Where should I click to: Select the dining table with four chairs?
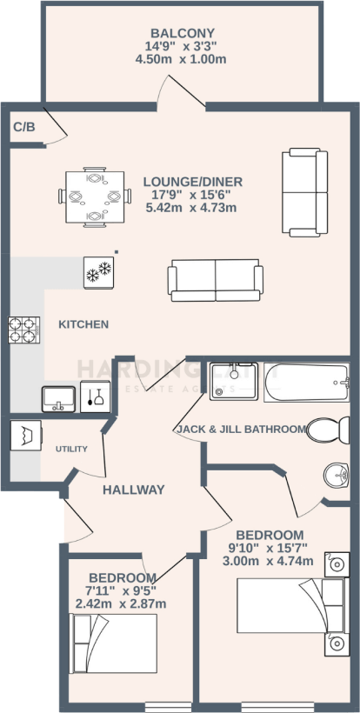pos(92,197)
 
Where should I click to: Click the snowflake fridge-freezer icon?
pos(98,271)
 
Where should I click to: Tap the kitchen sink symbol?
pos(58,397)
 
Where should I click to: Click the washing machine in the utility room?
pos(23,435)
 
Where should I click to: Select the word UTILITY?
pos(71,450)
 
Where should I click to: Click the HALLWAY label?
pos(133,490)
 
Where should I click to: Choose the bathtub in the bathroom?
pos(306,384)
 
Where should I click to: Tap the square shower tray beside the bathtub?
pos(234,384)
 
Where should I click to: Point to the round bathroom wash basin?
pos(337,475)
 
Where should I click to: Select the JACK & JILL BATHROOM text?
pos(241,430)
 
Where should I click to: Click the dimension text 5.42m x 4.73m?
pos(192,210)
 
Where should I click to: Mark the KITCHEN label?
pos(83,324)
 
